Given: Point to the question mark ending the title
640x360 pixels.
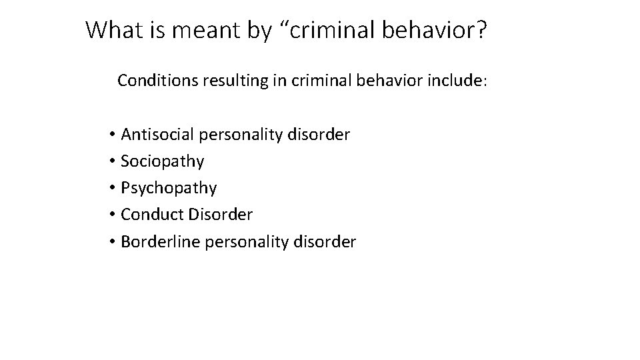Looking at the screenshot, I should click(482, 29).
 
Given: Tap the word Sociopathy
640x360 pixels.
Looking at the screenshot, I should click(163, 162).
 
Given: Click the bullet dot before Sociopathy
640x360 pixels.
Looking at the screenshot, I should click(113, 162).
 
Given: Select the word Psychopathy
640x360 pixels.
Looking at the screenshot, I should click(169, 189).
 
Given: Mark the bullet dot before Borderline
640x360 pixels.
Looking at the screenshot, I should click(113, 241).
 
